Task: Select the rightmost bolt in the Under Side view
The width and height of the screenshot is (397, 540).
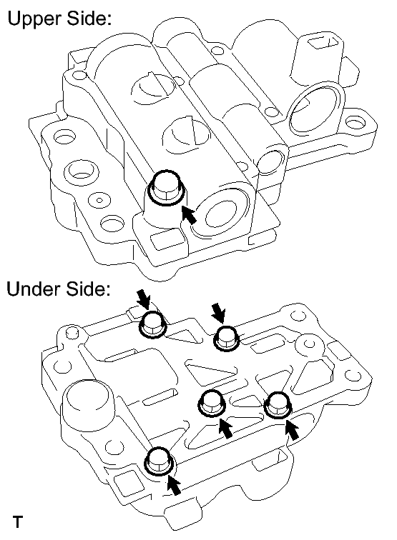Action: coord(275,406)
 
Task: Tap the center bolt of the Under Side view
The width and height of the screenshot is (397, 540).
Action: coord(212,404)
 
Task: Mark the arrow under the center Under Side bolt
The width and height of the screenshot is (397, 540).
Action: coord(225,427)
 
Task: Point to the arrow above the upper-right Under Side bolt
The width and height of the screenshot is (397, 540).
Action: coord(217,310)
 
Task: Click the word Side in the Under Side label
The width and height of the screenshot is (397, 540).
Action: coord(89,291)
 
